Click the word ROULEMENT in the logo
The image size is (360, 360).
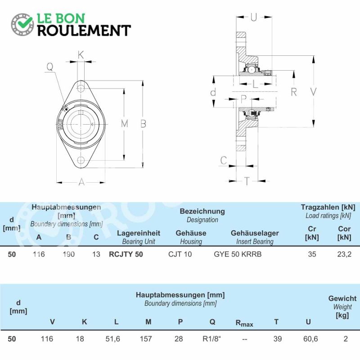pyautogui.click(x=84, y=31)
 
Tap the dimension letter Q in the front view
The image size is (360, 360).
pyautogui.click(x=50, y=67)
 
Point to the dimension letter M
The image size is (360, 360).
pyautogui.click(x=125, y=124)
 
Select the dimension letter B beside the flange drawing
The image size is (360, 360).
pyautogui.click(x=143, y=124)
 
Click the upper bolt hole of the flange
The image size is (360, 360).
pyautogui.click(x=81, y=88)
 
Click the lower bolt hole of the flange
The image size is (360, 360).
pyautogui.click(x=81, y=160)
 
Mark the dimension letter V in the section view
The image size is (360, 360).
pyautogui.click(x=314, y=92)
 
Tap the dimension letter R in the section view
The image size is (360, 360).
pyautogui.click(x=294, y=92)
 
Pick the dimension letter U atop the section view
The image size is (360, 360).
pyautogui.click(x=253, y=17)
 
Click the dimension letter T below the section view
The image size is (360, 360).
pyautogui.click(x=247, y=181)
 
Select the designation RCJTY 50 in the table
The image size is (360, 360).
pyautogui.click(x=126, y=254)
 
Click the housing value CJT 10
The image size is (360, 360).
pyautogui.click(x=180, y=254)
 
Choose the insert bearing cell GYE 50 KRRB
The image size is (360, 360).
pyautogui.click(x=238, y=254)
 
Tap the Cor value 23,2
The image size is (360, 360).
pyautogui.click(x=344, y=254)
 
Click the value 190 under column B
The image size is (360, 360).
pyautogui.click(x=69, y=254)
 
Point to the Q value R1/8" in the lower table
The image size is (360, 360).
pyautogui.click(x=211, y=339)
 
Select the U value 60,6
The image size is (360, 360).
pyautogui.click(x=310, y=339)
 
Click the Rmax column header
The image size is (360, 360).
pyautogui.click(x=244, y=323)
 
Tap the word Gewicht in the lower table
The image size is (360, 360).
pyautogui.click(x=342, y=298)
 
